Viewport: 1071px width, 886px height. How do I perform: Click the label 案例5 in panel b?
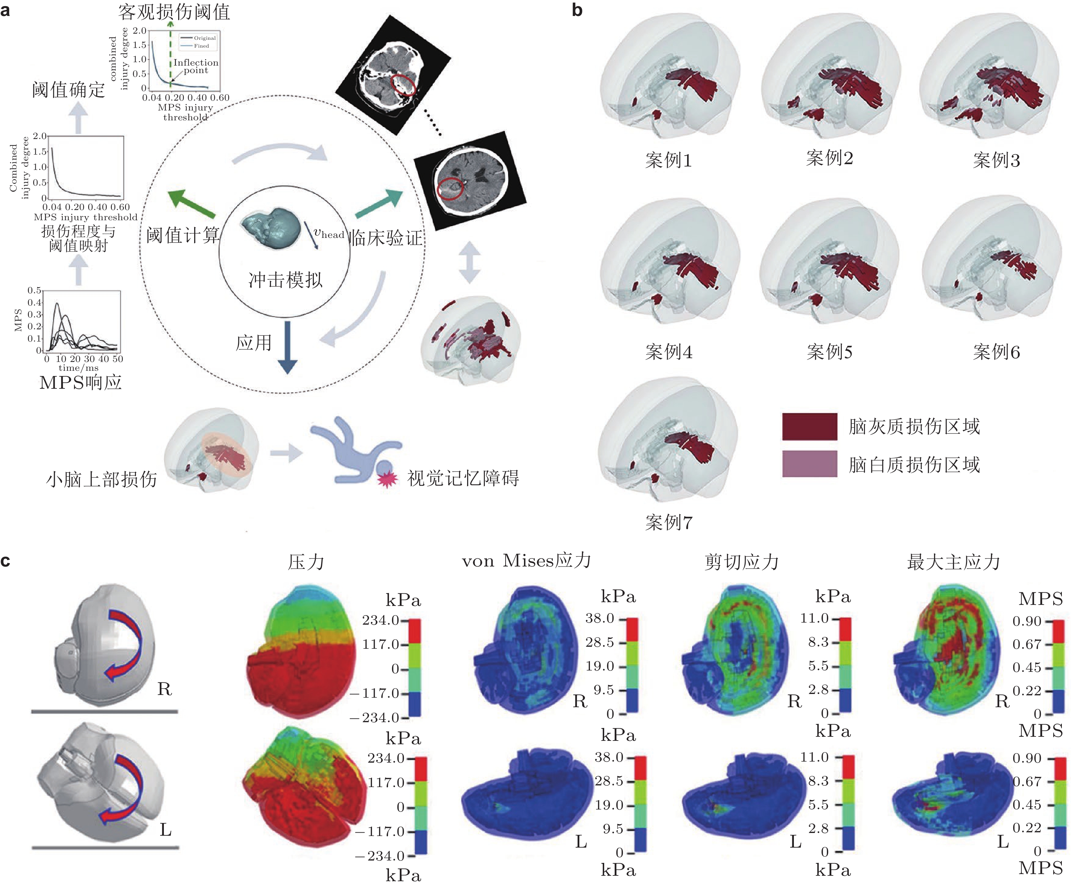coord(829,352)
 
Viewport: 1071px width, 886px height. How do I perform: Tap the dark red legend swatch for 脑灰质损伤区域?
coord(809,426)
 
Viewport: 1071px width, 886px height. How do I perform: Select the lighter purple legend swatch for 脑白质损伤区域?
coord(809,464)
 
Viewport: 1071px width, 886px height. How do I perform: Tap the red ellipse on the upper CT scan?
coord(403,85)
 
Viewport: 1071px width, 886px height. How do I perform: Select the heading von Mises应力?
coord(526,561)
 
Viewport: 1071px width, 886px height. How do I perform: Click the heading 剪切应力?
coord(742,562)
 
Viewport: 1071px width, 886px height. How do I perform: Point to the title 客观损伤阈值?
coord(174,11)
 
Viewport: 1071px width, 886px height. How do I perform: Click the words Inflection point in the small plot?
coord(195,66)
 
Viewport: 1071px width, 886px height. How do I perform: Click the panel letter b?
coord(577,10)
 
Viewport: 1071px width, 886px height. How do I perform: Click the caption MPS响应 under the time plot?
coord(81,382)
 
